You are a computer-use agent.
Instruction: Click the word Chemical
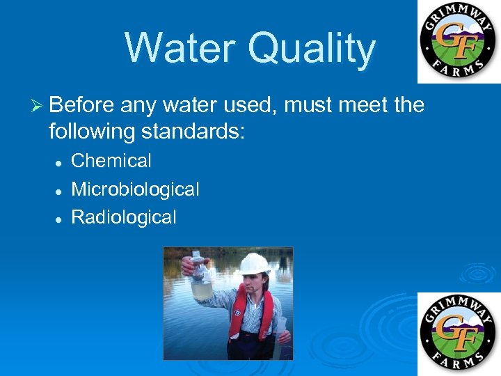[111, 161]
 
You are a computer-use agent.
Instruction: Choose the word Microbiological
[135, 189]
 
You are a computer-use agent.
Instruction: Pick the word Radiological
[124, 217]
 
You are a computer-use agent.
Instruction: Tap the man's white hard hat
[253, 264]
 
